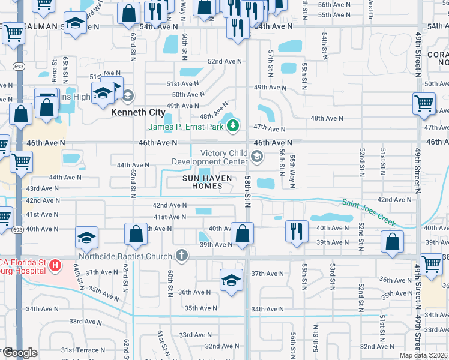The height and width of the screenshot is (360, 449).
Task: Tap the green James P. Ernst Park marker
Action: pyautogui.click(x=233, y=126)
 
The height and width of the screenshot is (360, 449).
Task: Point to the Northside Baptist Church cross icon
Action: pyautogui.click(x=181, y=256)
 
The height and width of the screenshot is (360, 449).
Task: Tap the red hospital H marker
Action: pyautogui.click(x=55, y=265)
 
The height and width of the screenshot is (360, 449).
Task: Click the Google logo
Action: pyautogui.click(x=20, y=353)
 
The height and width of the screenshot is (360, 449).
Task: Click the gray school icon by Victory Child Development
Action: pyautogui.click(x=257, y=157)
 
